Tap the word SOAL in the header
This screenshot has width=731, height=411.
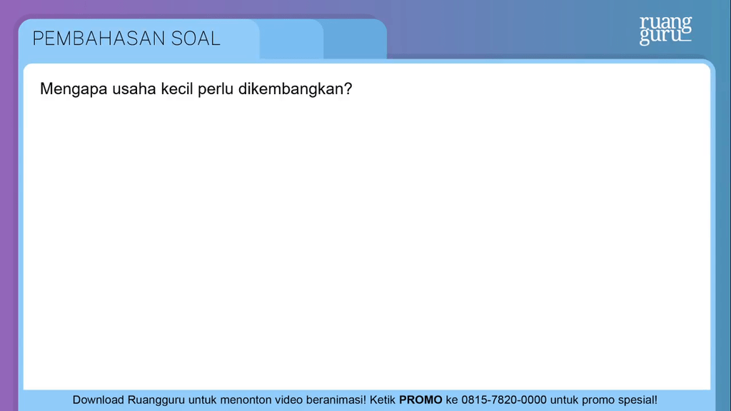(x=196, y=39)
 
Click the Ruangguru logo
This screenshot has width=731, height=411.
(x=665, y=30)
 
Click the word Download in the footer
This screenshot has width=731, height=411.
(x=99, y=400)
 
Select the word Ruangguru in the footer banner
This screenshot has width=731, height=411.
(x=156, y=400)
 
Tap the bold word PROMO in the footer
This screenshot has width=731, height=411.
(x=420, y=400)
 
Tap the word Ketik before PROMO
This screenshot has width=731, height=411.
(x=383, y=400)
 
